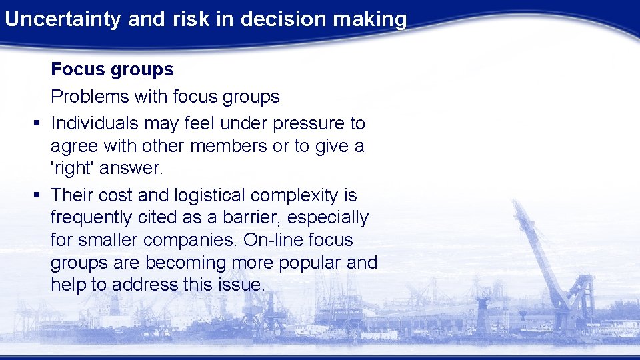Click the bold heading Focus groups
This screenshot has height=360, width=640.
point(112,69)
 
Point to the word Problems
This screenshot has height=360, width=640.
point(90,97)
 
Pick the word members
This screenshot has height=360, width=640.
point(229,146)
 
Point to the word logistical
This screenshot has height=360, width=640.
point(210,195)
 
